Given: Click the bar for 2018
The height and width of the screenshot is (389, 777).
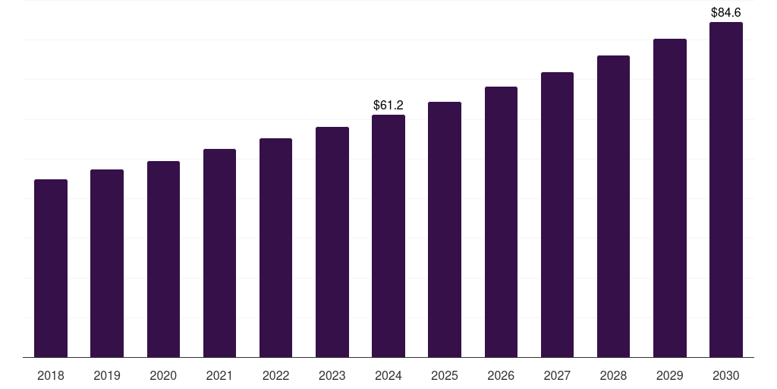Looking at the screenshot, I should (x=51, y=268).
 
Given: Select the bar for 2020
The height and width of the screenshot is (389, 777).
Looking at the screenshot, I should (x=163, y=259).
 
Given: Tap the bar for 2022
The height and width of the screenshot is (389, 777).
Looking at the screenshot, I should (x=275, y=248).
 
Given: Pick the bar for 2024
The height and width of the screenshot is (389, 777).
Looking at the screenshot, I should (x=388, y=236).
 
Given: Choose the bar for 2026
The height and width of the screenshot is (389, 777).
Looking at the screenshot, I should (x=501, y=222).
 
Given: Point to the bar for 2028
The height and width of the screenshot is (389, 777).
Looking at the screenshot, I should (x=613, y=206).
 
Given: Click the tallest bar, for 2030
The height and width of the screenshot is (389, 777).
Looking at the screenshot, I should (x=725, y=189).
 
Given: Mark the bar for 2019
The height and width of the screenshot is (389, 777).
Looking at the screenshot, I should (x=107, y=263).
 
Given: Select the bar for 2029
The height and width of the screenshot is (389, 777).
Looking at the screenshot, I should (x=669, y=198).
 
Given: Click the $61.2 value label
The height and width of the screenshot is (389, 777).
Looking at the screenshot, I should (x=388, y=105).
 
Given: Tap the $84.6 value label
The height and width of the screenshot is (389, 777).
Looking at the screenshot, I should (x=725, y=12).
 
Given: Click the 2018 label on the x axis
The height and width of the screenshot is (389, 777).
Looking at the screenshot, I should (x=51, y=375).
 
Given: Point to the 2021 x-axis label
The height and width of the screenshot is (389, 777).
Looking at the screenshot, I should (x=219, y=375).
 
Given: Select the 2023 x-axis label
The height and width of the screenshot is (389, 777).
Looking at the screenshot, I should (x=332, y=375).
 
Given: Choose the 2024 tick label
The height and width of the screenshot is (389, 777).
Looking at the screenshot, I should (x=388, y=375).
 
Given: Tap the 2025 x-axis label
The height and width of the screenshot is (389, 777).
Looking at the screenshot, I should (x=445, y=375).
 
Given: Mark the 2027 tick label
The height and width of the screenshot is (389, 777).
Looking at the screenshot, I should (x=557, y=375).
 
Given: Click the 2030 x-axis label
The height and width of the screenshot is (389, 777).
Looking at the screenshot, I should (x=725, y=375).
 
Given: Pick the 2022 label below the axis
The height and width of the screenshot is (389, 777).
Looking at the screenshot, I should (x=275, y=375).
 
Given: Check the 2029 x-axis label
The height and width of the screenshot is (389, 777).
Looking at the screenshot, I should (x=669, y=375).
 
